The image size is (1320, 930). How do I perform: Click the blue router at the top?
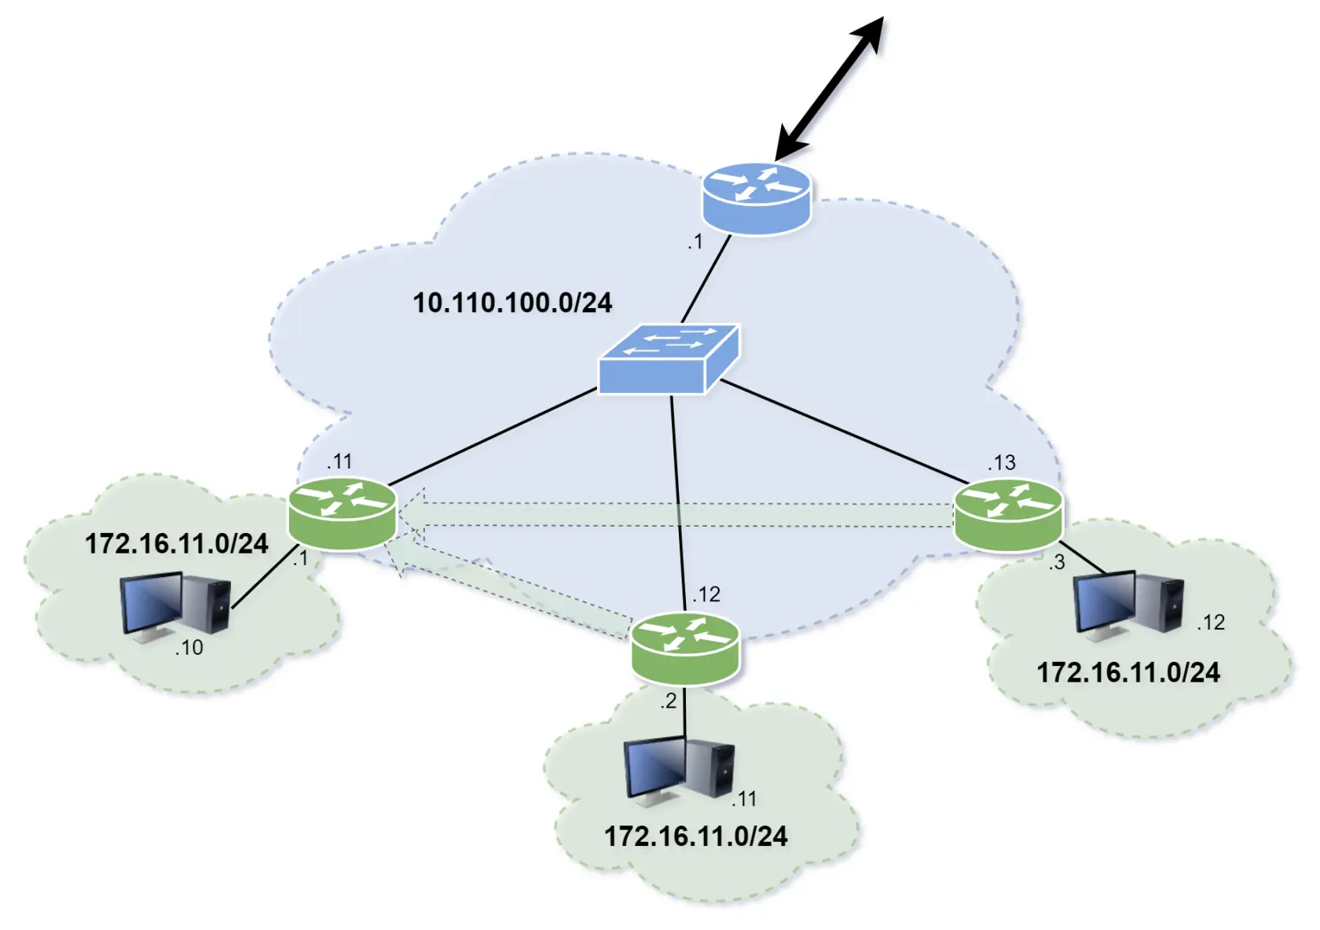tap(756, 198)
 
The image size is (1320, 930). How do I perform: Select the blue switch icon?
tap(669, 358)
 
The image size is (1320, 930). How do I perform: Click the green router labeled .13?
tap(1008, 514)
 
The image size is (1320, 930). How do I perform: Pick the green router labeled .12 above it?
tap(685, 648)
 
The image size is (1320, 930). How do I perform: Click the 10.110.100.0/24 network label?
tap(512, 303)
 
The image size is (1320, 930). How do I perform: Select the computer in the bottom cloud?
tap(680, 770)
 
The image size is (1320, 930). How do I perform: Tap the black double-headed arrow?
tap(830, 86)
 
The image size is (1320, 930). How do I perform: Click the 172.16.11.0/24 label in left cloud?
tap(176, 543)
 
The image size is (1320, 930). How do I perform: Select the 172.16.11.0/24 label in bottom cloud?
tap(695, 836)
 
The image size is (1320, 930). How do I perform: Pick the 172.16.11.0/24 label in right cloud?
tap(1128, 672)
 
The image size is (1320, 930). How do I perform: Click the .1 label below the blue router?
tap(695, 242)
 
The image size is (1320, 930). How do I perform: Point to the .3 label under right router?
tap(1057, 562)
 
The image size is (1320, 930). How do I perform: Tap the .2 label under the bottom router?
tap(668, 701)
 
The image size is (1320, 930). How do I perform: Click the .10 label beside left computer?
tap(189, 648)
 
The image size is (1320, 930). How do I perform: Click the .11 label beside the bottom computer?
tap(743, 800)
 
